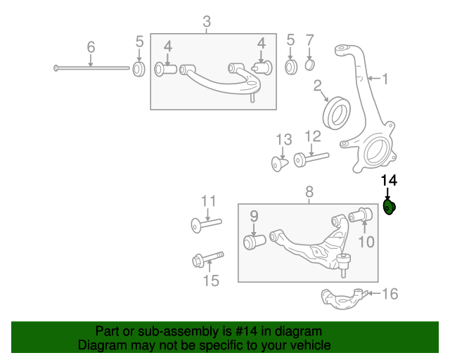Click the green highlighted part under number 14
pos(388,207)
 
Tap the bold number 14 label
pos(389,181)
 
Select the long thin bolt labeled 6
pos(91,68)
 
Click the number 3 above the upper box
pos(206,22)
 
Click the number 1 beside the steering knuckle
pos(385,79)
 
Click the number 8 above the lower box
pos(309,191)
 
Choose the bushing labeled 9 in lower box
pos(255,241)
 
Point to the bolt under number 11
pos(205,224)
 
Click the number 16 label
pos(390,293)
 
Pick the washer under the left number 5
pos(139,69)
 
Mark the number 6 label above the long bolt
pos(91,47)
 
